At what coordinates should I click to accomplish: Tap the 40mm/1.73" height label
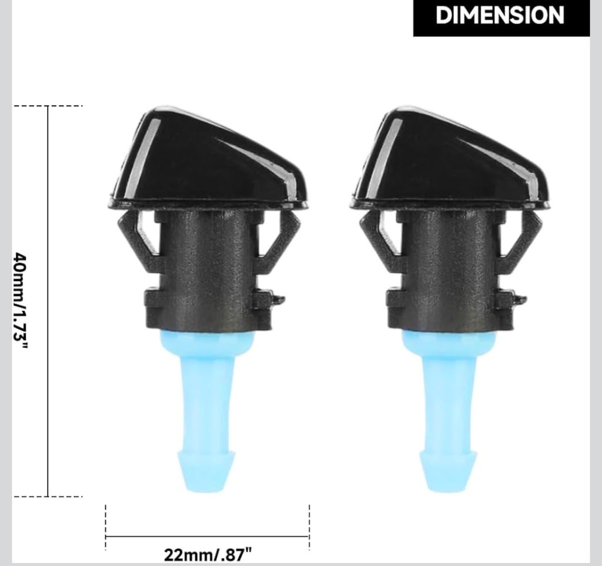point(21,300)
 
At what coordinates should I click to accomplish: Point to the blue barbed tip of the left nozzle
point(207,470)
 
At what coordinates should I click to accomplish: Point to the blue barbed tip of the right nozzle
point(449,470)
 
